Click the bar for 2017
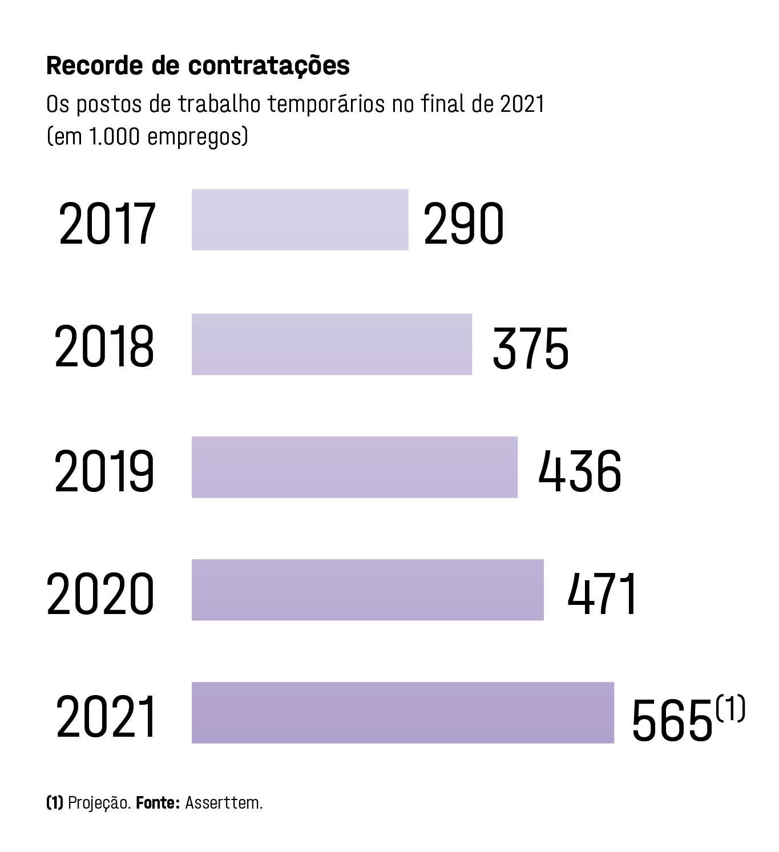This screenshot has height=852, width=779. [300, 220]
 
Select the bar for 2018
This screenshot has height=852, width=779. [332, 344]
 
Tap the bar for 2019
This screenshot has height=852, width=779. [354, 467]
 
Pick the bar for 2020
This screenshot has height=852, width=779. [368, 589]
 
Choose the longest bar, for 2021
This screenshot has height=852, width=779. [402, 712]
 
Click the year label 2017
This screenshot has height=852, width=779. [107, 224]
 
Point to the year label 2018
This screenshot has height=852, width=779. [104, 347]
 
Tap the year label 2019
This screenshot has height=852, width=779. [104, 471]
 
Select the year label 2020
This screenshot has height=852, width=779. [100, 593]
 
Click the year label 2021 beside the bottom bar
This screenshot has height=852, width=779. [106, 717]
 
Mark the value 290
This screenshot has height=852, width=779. [463, 224]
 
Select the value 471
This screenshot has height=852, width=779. [602, 594]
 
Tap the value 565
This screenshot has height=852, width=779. [673, 720]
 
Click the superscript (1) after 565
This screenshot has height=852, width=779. [730, 708]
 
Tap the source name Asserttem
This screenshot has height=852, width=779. [224, 803]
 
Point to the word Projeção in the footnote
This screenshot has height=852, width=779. [99, 803]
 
